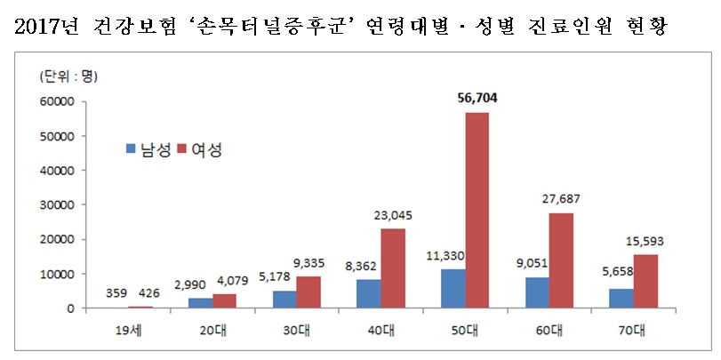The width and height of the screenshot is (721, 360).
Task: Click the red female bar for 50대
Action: [x=477, y=211]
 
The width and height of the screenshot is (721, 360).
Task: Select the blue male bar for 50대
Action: [x=453, y=289]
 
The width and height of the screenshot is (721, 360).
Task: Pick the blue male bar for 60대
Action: [x=536, y=292]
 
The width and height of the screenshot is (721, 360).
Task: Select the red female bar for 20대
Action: [x=225, y=301]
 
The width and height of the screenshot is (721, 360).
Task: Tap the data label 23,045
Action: [x=392, y=217]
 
